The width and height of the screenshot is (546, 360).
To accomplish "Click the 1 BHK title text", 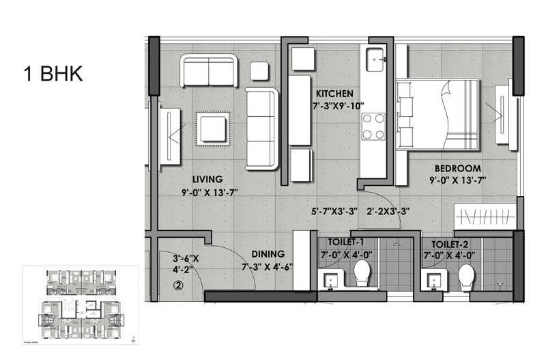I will pyautogui.click(x=53, y=74).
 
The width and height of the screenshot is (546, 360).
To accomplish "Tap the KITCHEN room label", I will pyautogui.click(x=334, y=94).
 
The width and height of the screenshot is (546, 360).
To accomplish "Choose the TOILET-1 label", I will pyautogui.click(x=345, y=243).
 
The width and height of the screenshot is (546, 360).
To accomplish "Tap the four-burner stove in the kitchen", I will pyautogui.click(x=373, y=126).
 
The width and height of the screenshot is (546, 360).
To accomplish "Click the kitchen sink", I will pyautogui.click(x=375, y=59).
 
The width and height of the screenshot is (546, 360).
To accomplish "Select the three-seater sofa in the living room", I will pyautogui.click(x=263, y=128).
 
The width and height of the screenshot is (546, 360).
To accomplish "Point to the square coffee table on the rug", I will pyautogui.click(x=214, y=128).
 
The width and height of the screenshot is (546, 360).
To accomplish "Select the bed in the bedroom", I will pyautogui.click(x=437, y=114).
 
